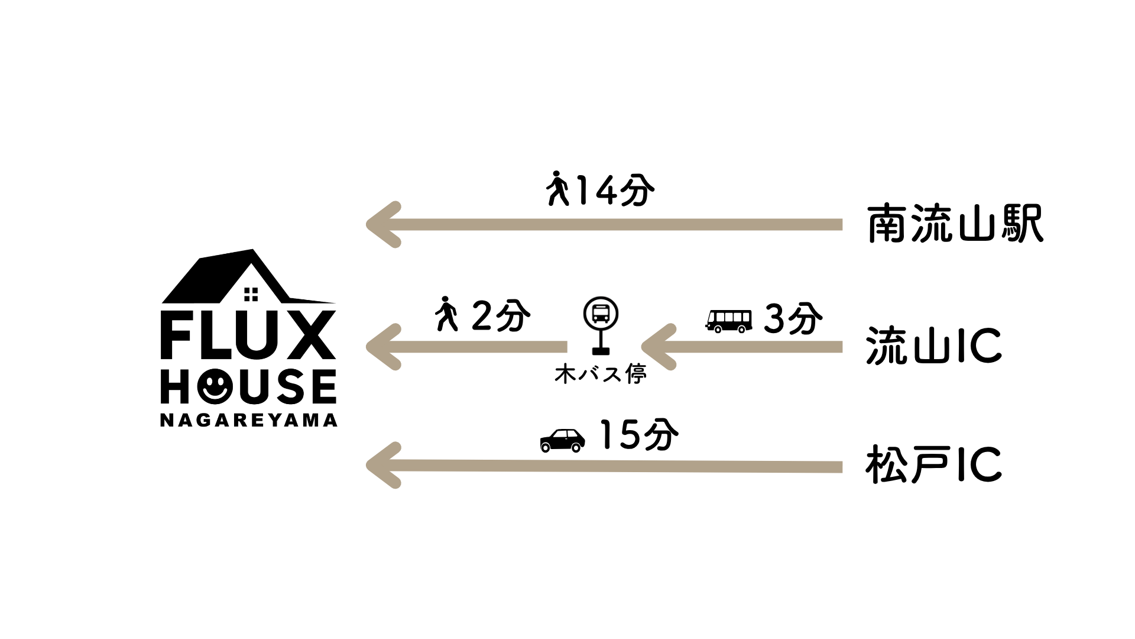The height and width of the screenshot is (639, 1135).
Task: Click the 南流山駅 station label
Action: coord(955,225)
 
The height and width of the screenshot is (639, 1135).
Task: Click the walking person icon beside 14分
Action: coord(557,189)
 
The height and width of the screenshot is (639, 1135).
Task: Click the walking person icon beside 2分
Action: coord(447,314)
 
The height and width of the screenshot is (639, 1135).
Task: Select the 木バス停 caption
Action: coord(601,375)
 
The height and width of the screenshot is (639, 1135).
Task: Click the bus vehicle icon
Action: coord(729,321)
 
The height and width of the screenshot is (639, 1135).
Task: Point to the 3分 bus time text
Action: coord(793,319)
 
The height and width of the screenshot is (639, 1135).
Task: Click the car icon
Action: coord(563,440)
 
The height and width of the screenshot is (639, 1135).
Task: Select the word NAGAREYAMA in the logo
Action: coord(249,420)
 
